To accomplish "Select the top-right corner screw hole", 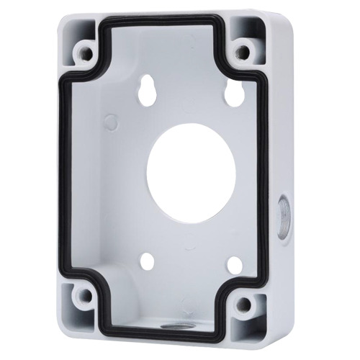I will point(246,51).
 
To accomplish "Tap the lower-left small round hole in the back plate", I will point(148,260).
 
